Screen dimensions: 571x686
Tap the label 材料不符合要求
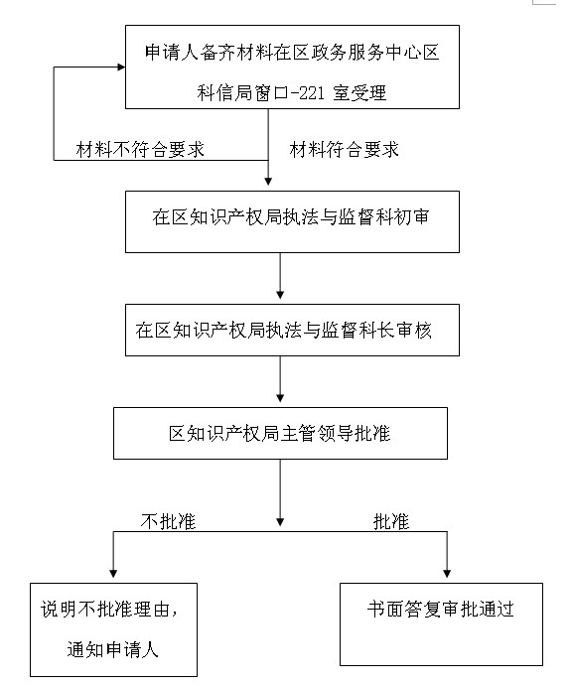[x=140, y=150]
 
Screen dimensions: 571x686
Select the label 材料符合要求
[x=344, y=150]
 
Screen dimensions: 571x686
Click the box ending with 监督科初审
[x=292, y=221]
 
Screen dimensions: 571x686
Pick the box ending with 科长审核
[x=292, y=330]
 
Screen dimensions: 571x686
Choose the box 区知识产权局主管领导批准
[x=280, y=433]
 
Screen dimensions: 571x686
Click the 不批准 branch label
[x=168, y=521]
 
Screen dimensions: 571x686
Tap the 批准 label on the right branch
[x=391, y=521]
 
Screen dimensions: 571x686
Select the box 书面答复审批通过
[x=441, y=624]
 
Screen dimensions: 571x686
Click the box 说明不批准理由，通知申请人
[x=113, y=629]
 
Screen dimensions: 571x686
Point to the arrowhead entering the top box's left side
[x=121, y=67]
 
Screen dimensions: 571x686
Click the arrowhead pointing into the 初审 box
[x=268, y=181]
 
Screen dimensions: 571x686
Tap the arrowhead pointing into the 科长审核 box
[x=280, y=295]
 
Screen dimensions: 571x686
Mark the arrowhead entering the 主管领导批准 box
[x=280, y=398]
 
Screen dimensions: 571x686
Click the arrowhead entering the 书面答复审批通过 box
[x=447, y=573]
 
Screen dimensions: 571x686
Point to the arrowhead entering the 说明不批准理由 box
[x=113, y=573]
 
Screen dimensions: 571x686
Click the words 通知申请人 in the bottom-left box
[x=112, y=649]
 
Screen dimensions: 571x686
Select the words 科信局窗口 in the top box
[x=242, y=93]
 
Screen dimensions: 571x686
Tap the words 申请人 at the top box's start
[x=172, y=53]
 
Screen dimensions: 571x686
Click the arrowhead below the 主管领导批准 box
[x=280, y=522]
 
